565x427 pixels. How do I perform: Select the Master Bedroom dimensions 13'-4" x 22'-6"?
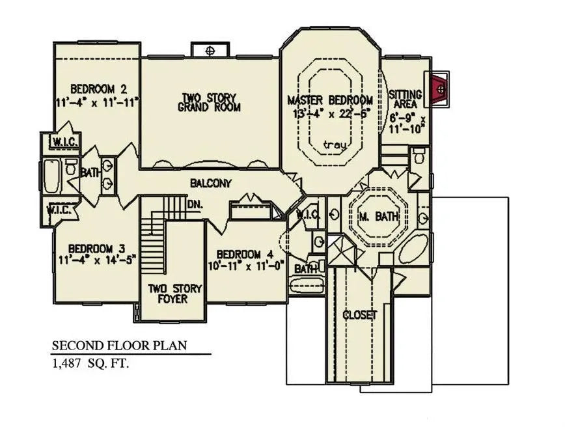click(331, 112)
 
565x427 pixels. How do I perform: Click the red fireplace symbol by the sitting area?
click(441, 87)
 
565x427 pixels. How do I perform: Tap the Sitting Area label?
click(406, 99)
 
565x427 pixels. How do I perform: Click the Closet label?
click(360, 315)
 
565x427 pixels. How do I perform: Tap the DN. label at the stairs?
click(195, 204)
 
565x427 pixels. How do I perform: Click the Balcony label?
click(210, 184)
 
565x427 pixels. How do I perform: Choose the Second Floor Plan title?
click(120, 346)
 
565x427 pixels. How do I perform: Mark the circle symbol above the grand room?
click(210, 50)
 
